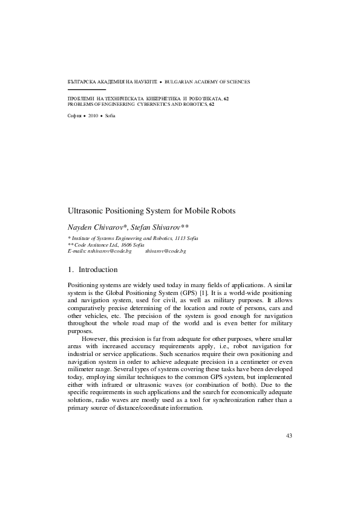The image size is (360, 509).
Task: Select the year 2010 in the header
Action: pos(92,114)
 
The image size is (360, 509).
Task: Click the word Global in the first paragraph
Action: pos(115,291)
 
